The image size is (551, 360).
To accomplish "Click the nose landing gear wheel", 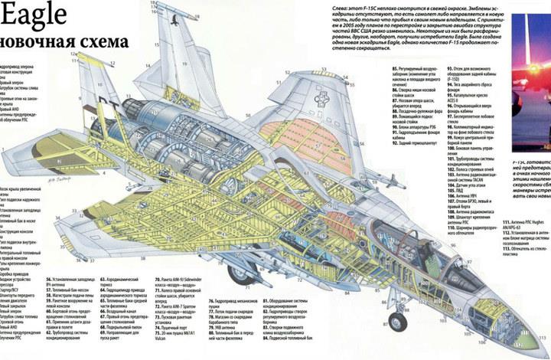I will [x=397, y=319].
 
